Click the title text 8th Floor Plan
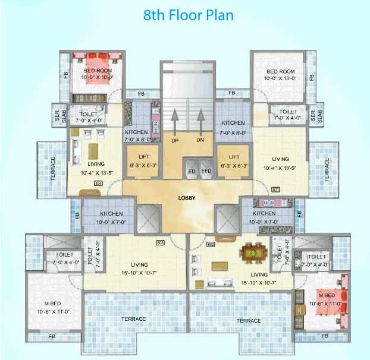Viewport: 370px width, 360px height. coord(188,15)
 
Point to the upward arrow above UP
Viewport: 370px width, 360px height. coord(175,124)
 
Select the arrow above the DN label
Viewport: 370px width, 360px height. coord(201,124)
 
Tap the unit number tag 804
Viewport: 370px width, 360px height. coord(98,183)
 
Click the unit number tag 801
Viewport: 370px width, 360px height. coord(275,189)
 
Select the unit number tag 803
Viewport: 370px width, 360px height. coord(159,242)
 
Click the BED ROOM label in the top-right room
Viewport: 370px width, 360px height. coord(280,71)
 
